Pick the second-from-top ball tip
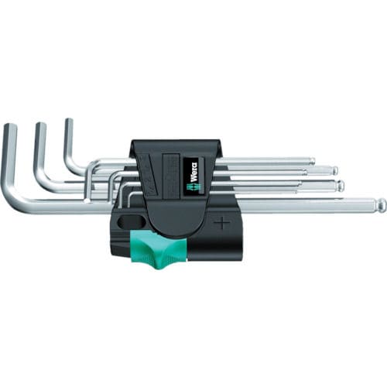tap(334, 170)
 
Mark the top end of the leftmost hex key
tap(9, 128)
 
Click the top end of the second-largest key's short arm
tap(40, 126)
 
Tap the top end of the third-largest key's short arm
tap(68, 122)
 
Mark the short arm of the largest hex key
tap(9, 163)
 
